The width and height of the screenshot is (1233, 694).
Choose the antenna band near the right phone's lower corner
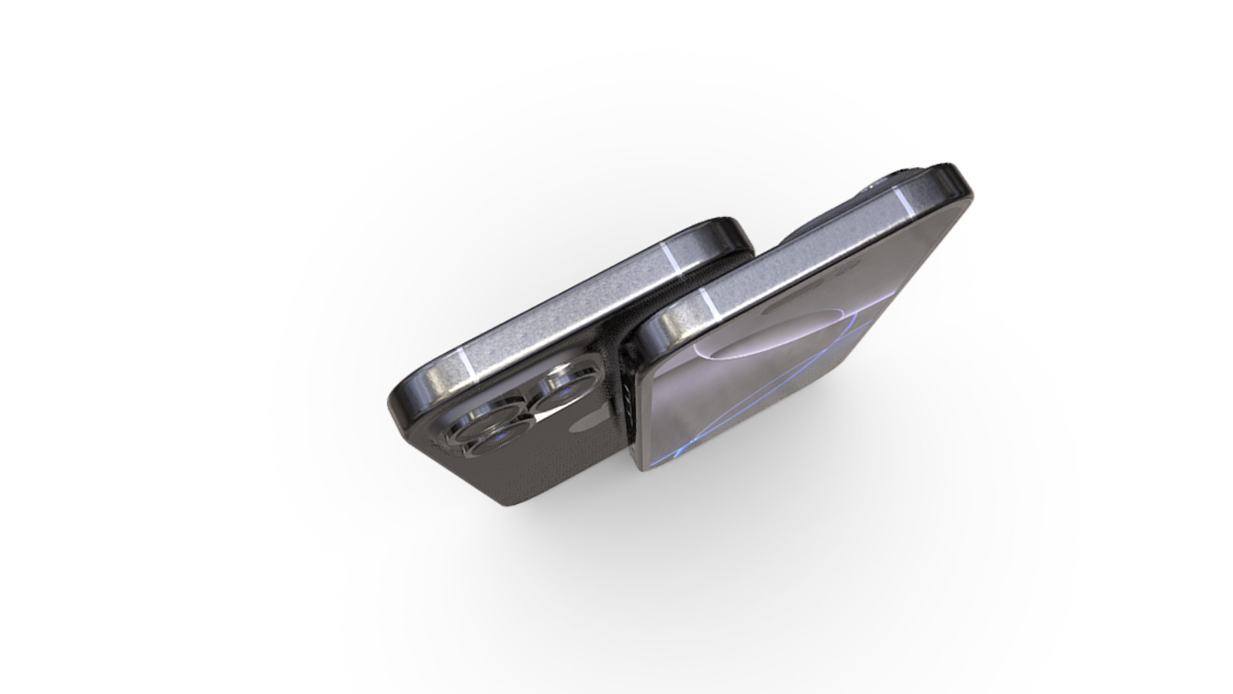(x=709, y=304)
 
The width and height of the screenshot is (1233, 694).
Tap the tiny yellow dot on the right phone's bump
(x=871, y=187)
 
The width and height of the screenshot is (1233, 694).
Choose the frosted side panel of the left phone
(x=565, y=308)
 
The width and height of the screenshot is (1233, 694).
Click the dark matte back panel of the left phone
(x=546, y=476)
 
